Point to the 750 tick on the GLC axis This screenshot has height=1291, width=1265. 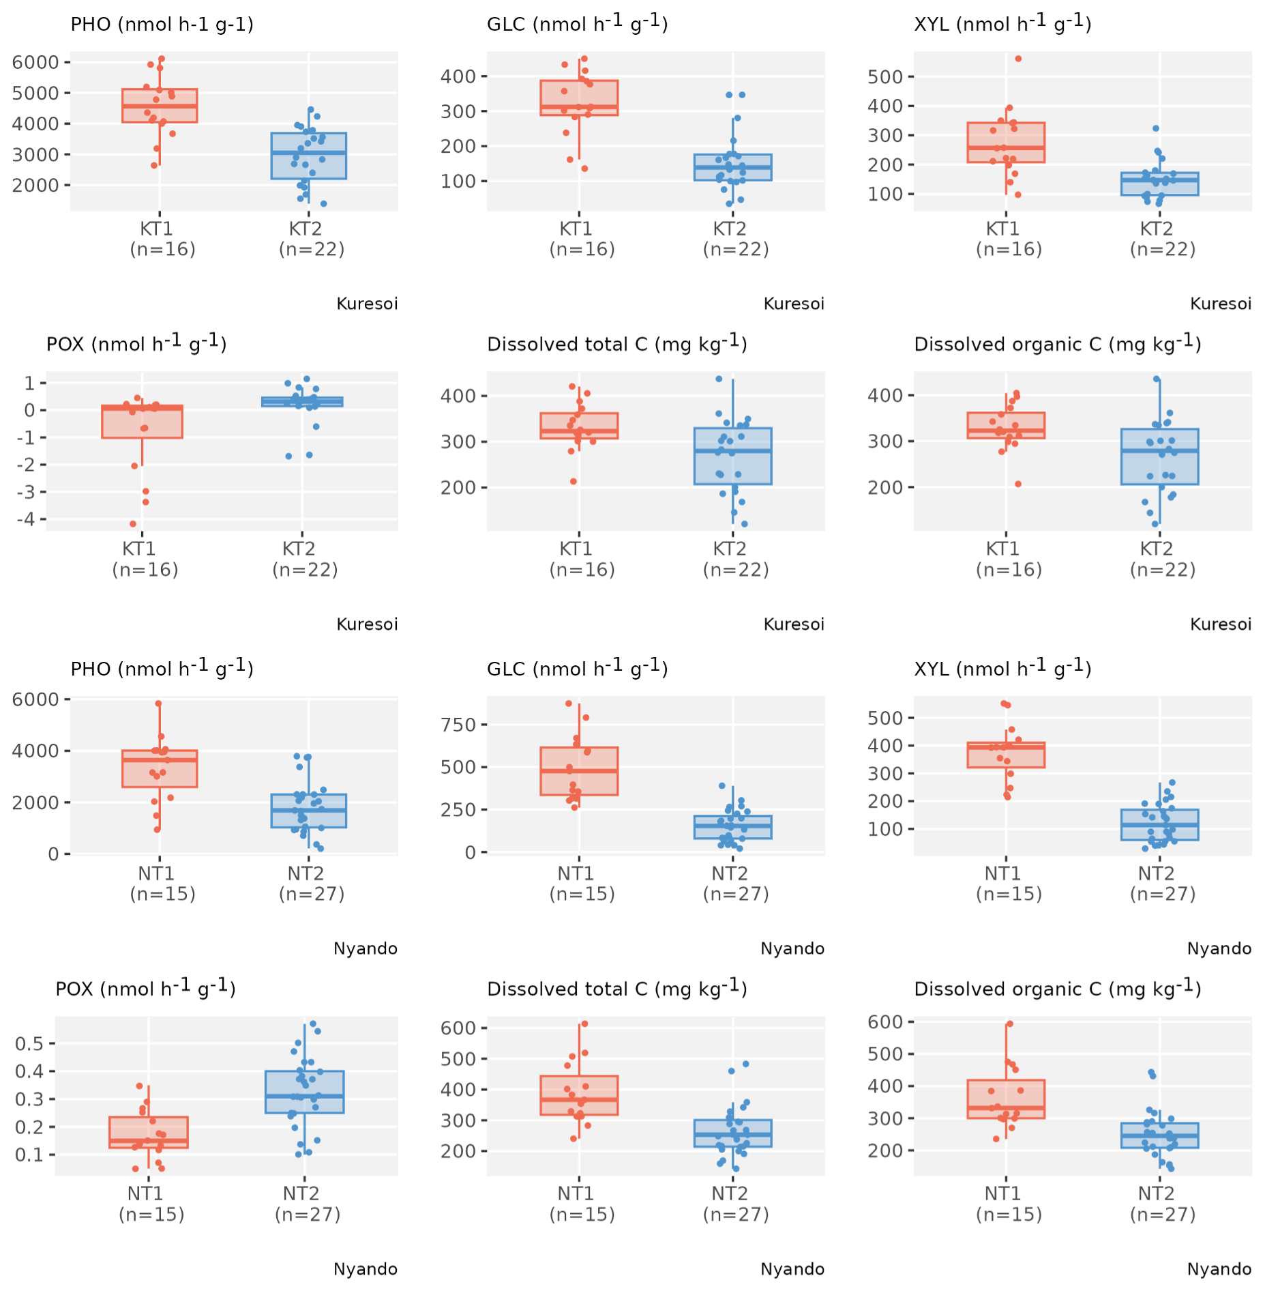[x=458, y=725]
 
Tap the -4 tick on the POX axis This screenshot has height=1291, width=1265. [x=25, y=519]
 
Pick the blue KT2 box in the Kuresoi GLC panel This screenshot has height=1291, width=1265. [x=732, y=167]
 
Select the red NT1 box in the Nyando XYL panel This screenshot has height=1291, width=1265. [x=1006, y=755]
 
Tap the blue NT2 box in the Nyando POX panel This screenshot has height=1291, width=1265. [x=304, y=1092]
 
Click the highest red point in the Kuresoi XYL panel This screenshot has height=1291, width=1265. [x=1018, y=59]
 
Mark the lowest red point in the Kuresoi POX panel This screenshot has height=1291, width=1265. [x=133, y=524]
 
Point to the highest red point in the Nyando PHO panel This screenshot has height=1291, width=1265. [x=158, y=703]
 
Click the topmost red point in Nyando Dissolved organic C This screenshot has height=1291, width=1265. [x=1010, y=1024]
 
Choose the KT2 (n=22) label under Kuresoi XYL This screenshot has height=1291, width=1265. [x=1163, y=239]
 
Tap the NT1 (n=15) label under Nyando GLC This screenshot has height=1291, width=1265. [x=582, y=884]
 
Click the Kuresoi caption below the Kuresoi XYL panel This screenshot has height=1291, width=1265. [x=1220, y=304]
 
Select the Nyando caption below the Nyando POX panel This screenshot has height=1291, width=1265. [x=365, y=1269]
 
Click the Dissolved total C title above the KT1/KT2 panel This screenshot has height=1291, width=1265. [x=616, y=343]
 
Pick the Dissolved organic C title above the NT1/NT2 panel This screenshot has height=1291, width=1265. [x=1057, y=988]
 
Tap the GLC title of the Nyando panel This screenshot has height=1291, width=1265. [x=577, y=668]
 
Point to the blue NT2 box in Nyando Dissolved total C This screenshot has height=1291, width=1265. [x=732, y=1133]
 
